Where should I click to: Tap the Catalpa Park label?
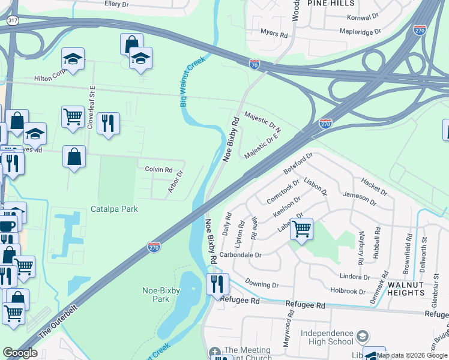tap(114, 209)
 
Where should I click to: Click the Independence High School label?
tap(327, 338)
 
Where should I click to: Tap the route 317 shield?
tap(12, 20)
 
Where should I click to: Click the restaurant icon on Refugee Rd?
tap(217, 284)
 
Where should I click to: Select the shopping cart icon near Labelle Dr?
tap(301, 228)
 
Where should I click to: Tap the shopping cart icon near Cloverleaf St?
tap(73, 116)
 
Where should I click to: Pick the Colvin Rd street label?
tap(158, 169)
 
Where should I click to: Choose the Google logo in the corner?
tap(20, 353)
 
